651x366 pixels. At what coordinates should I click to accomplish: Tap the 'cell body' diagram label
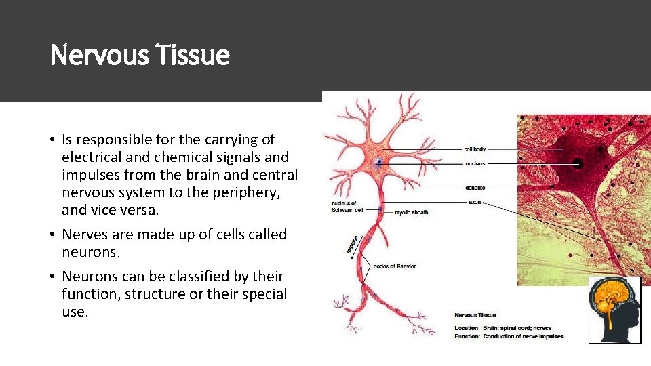[x=475, y=149]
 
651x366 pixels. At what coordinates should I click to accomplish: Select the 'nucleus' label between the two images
[x=474, y=164]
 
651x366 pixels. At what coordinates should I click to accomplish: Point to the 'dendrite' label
[x=475, y=188]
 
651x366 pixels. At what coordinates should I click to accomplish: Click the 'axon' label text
[x=474, y=202]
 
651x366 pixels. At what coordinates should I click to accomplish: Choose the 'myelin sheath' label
[x=412, y=213]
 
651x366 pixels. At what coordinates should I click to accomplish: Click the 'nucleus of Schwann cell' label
[x=347, y=206]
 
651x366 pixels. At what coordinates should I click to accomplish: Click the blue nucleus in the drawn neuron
[x=378, y=162]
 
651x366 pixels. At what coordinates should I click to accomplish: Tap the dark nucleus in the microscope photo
[x=578, y=163]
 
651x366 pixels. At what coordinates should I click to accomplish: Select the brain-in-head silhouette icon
[x=614, y=310]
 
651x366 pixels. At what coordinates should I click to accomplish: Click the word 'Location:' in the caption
[x=468, y=328]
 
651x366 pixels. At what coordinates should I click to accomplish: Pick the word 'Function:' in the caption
[x=468, y=336]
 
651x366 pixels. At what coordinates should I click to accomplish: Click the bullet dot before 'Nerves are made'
[x=52, y=235]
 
